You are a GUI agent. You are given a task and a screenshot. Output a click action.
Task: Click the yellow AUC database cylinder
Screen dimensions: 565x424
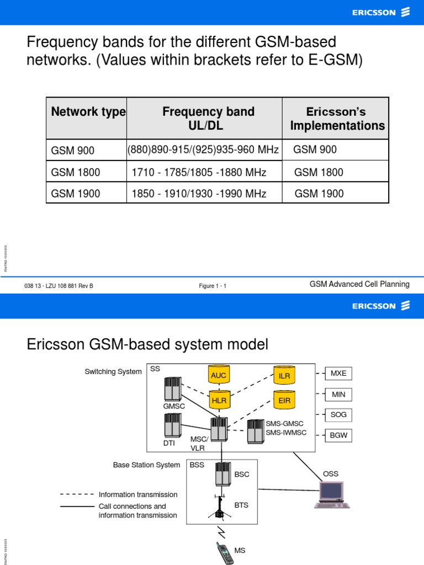click(219, 375)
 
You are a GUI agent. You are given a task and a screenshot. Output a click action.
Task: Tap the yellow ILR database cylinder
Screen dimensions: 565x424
click(284, 375)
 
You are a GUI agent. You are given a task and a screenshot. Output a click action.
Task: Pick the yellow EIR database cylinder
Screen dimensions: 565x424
click(284, 400)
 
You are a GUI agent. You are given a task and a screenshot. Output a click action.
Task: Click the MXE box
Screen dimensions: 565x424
click(338, 374)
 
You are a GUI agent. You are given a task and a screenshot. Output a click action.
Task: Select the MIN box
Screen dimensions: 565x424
click(338, 395)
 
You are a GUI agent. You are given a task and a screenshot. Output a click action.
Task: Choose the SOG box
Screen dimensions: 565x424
click(338, 415)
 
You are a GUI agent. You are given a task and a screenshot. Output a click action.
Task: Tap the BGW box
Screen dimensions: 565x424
click(338, 435)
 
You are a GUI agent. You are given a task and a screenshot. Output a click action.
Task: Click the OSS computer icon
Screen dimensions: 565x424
click(331, 494)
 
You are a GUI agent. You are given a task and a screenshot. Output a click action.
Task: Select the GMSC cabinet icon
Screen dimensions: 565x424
click(173, 390)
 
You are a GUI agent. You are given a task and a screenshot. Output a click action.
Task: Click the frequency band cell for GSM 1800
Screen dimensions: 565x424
click(204, 173)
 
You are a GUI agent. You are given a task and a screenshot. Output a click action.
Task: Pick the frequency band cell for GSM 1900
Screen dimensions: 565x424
click(204, 194)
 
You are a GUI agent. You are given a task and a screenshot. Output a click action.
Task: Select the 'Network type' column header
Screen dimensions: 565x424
click(87, 112)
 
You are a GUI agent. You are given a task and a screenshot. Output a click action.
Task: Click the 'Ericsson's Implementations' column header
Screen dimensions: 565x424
click(337, 119)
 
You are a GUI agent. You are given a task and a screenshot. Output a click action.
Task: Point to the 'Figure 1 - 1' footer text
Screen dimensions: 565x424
click(213, 286)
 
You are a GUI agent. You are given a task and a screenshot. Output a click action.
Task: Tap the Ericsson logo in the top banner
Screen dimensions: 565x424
click(381, 12)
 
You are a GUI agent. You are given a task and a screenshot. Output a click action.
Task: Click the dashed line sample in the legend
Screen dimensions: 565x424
click(77, 494)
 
